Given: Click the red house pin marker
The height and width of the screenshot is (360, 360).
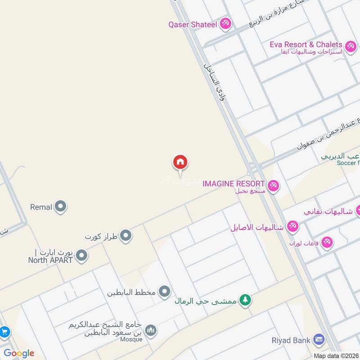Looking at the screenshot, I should coord(180,162).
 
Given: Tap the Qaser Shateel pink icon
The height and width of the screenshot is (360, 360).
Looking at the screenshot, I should coord(225,24).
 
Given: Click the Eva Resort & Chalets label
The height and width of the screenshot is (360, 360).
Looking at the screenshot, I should coord(306,45).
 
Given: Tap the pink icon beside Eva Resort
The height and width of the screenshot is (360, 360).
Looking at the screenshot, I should coord(350,45).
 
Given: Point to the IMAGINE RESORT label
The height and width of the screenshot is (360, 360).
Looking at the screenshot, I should coord(234,184).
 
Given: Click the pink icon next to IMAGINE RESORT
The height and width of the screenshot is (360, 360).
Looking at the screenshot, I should coord(273,185).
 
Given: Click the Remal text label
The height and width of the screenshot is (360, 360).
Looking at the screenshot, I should coord(41,207).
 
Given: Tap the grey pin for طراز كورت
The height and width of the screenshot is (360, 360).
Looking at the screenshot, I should coord(126,235).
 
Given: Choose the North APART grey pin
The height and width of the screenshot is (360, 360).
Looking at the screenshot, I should coord(81,256).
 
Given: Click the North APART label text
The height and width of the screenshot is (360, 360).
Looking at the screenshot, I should coord(50,260).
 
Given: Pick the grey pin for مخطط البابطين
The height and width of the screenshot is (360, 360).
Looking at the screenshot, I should coord(165,292).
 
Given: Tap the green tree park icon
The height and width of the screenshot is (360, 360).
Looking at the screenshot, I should coord(245,300).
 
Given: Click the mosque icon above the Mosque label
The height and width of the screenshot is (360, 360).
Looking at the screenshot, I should coord(151,331).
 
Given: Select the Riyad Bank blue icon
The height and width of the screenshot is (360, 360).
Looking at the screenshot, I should coord(319,340).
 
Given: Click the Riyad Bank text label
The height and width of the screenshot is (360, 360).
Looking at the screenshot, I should coord(291,340).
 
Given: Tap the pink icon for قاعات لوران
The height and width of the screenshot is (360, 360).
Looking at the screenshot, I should coord(327,242).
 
